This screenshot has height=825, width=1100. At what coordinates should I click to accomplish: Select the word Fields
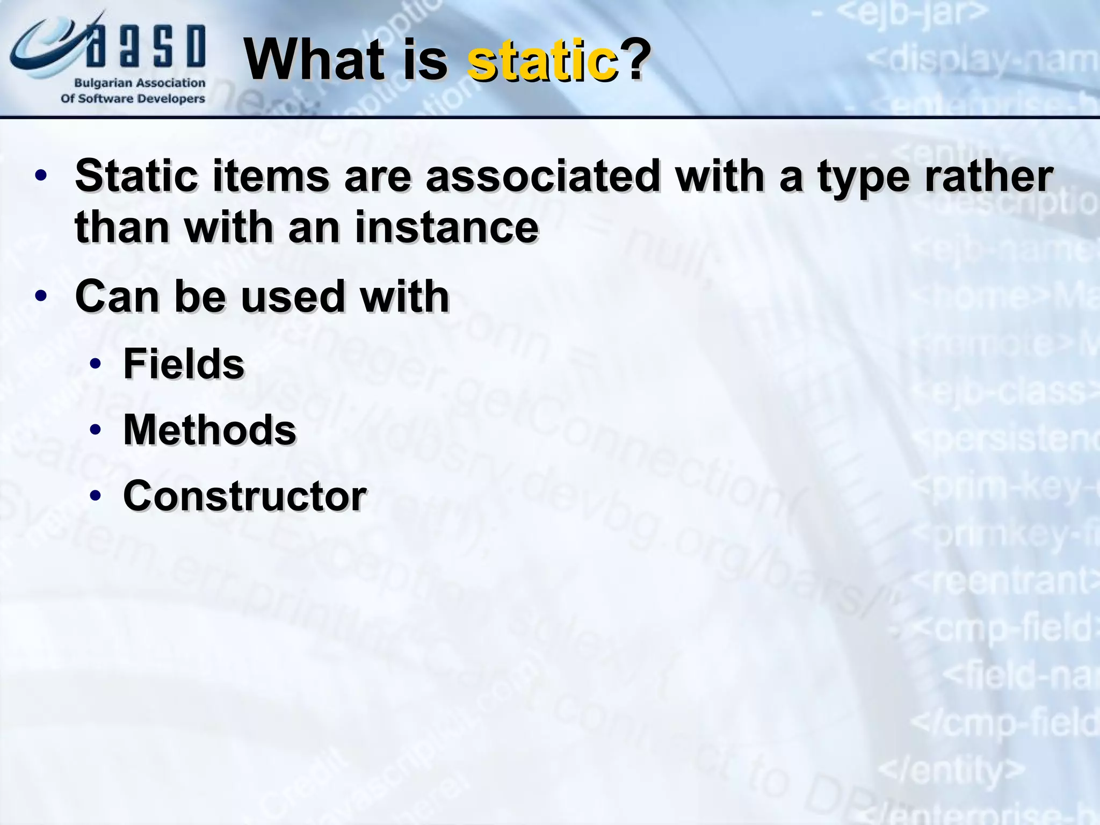[x=184, y=364]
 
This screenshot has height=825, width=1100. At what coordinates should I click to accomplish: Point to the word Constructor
[x=245, y=496]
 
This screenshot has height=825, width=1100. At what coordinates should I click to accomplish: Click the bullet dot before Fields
[x=96, y=364]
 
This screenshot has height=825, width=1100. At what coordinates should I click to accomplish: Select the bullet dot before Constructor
[x=96, y=496]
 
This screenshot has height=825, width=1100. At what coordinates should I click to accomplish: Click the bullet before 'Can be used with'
[x=41, y=296]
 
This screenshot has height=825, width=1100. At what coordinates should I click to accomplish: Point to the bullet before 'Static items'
[x=41, y=176]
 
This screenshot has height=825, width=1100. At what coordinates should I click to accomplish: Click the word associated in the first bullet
[x=542, y=176]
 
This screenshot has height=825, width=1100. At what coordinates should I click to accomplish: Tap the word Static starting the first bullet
[x=136, y=176]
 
